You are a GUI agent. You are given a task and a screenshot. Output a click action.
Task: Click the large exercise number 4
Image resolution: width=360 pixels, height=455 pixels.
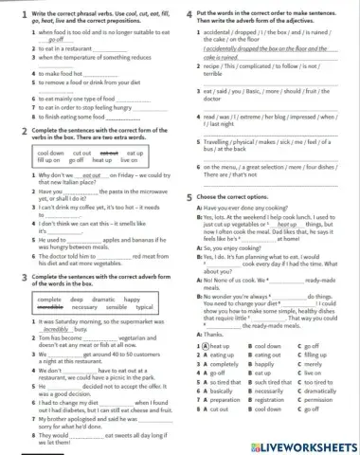[189, 12]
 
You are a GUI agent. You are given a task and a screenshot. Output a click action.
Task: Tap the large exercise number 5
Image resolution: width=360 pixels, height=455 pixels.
[189, 195]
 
